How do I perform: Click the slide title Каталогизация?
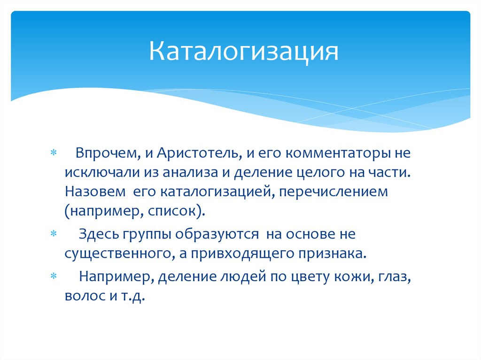[x=244, y=52]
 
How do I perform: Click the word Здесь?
[x=99, y=233]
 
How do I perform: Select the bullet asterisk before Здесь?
[x=53, y=234]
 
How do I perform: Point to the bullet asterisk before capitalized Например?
[x=53, y=277]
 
